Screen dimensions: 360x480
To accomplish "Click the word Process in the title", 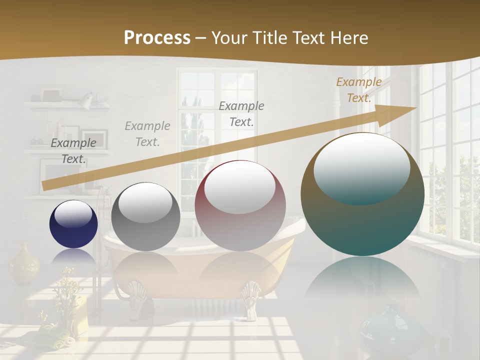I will click(x=157, y=37).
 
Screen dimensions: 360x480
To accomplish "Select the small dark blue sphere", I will click(x=73, y=223).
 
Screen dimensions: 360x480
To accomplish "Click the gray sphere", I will click(x=145, y=216).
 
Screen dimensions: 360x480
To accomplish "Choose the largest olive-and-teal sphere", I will click(x=362, y=194).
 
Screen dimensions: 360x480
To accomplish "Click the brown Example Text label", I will click(x=358, y=90).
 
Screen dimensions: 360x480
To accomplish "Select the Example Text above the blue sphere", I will click(x=73, y=151).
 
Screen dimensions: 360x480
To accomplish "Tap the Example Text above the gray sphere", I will click(x=147, y=134).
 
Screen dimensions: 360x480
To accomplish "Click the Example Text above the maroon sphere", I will click(x=241, y=113).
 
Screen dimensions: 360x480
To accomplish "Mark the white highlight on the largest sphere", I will click(x=361, y=165).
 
